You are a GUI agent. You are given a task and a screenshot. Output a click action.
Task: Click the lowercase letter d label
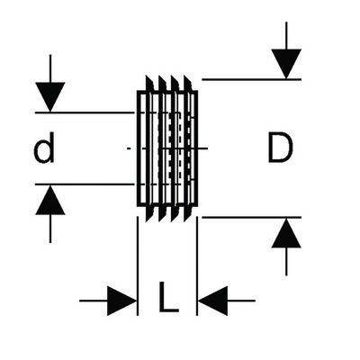(x=44, y=148)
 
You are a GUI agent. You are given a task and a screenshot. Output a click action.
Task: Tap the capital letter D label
(x=280, y=148)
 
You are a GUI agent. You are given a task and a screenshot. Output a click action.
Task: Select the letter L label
(x=168, y=296)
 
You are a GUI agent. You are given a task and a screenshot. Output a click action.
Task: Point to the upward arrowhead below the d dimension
(x=50, y=200)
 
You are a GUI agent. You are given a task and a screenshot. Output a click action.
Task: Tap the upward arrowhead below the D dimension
(x=286, y=233)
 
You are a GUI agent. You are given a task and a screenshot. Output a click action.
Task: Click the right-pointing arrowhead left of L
(x=121, y=301)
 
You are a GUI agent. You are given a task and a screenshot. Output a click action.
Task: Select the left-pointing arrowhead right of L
(x=212, y=301)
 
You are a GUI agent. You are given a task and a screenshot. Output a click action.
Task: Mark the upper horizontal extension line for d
(x=85, y=112)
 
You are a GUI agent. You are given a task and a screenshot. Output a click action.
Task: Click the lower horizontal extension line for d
(x=85, y=184)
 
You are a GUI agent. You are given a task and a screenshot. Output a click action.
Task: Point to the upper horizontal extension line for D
(x=251, y=79)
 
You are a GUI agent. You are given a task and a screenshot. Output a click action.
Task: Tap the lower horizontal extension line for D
(x=251, y=217)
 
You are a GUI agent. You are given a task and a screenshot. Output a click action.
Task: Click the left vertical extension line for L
(x=138, y=265)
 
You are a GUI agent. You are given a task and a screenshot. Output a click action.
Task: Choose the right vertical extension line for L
(x=197, y=265)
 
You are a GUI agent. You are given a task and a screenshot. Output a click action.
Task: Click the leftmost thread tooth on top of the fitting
(x=150, y=84)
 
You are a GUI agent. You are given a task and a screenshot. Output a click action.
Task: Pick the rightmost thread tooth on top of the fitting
(x=188, y=84)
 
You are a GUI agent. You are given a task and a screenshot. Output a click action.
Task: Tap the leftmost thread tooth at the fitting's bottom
(x=150, y=214)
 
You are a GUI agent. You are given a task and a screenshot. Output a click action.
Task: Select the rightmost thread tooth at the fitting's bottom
(x=188, y=214)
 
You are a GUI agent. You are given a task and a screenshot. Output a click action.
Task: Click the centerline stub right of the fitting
(x=202, y=148)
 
